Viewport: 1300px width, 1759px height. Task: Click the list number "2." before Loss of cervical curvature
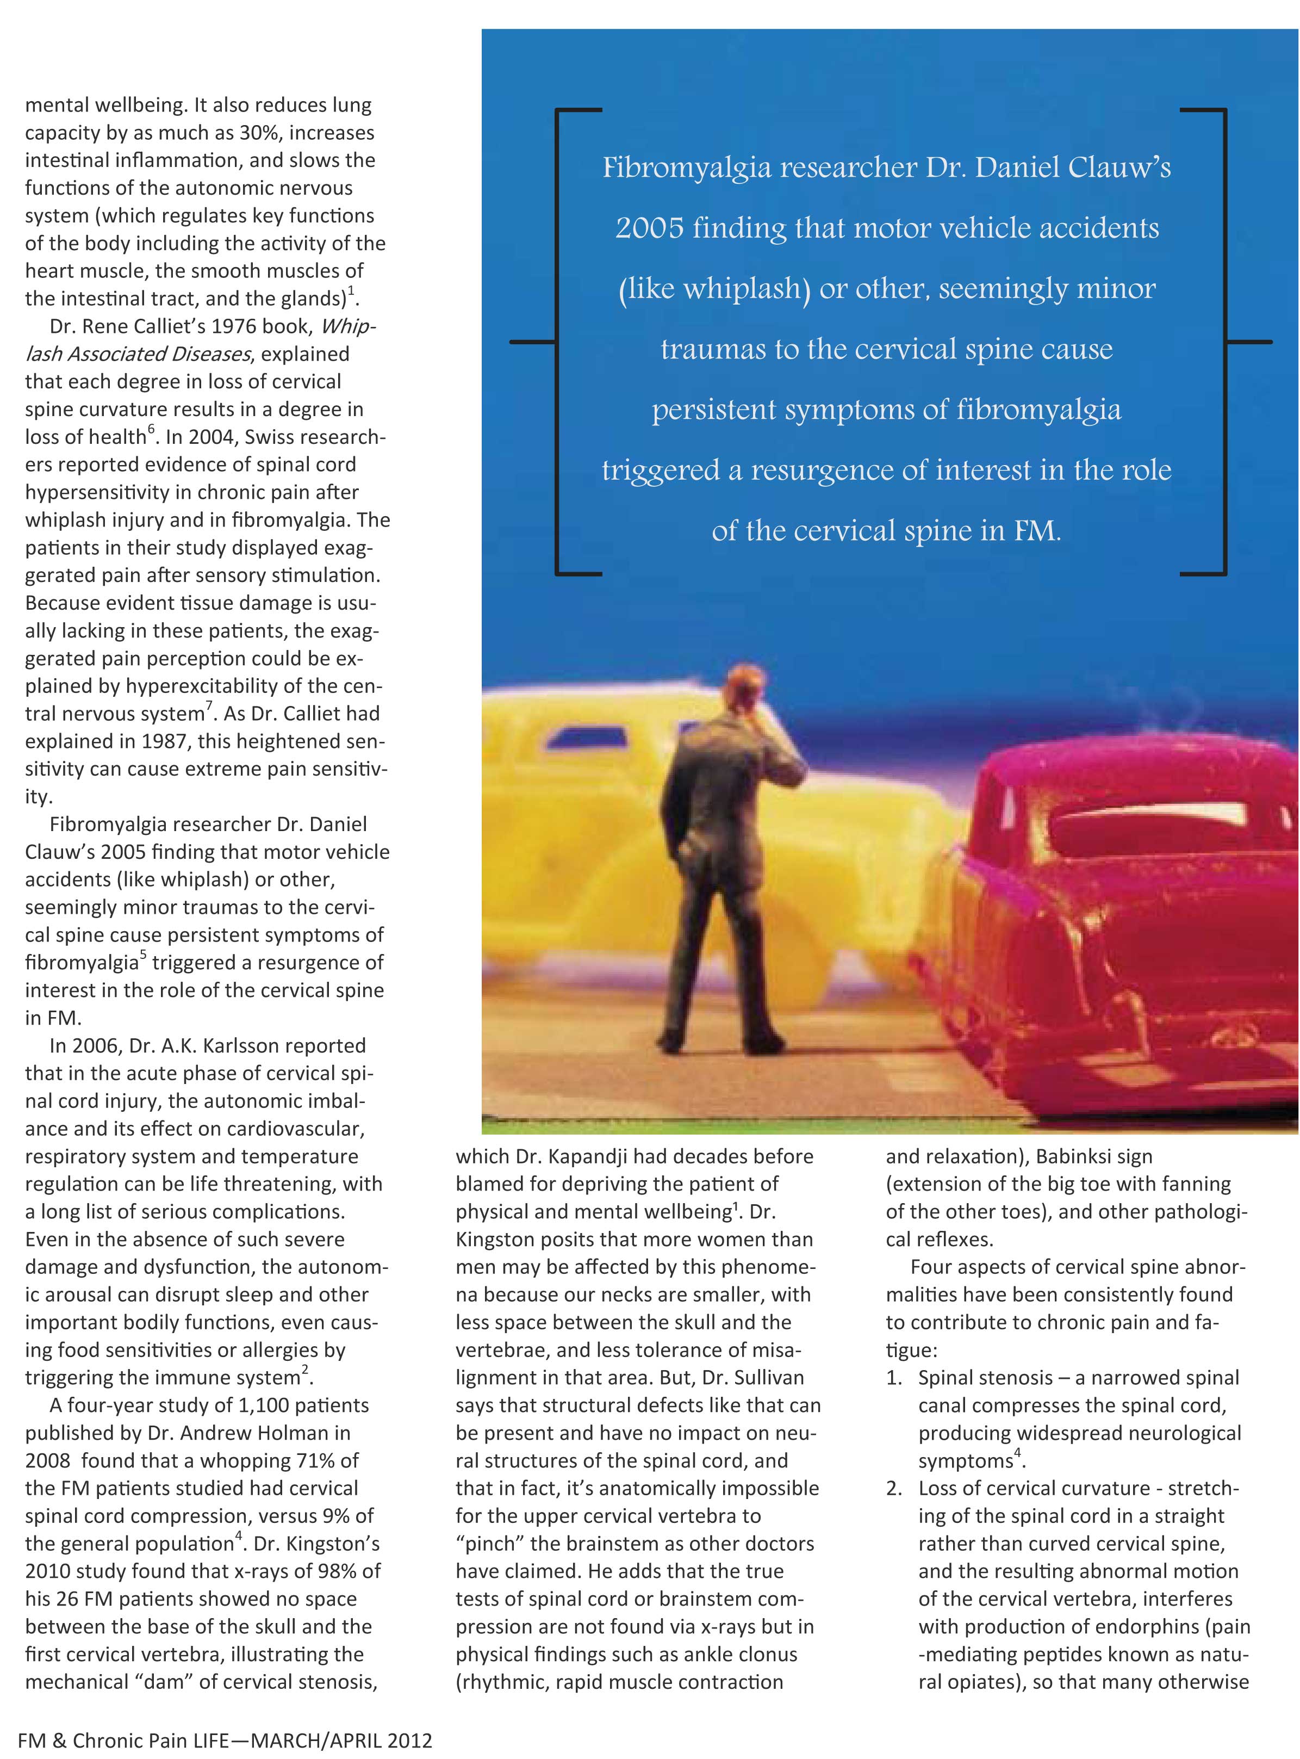(x=895, y=1488)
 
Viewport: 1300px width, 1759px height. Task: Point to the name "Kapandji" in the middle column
(x=586, y=1156)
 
